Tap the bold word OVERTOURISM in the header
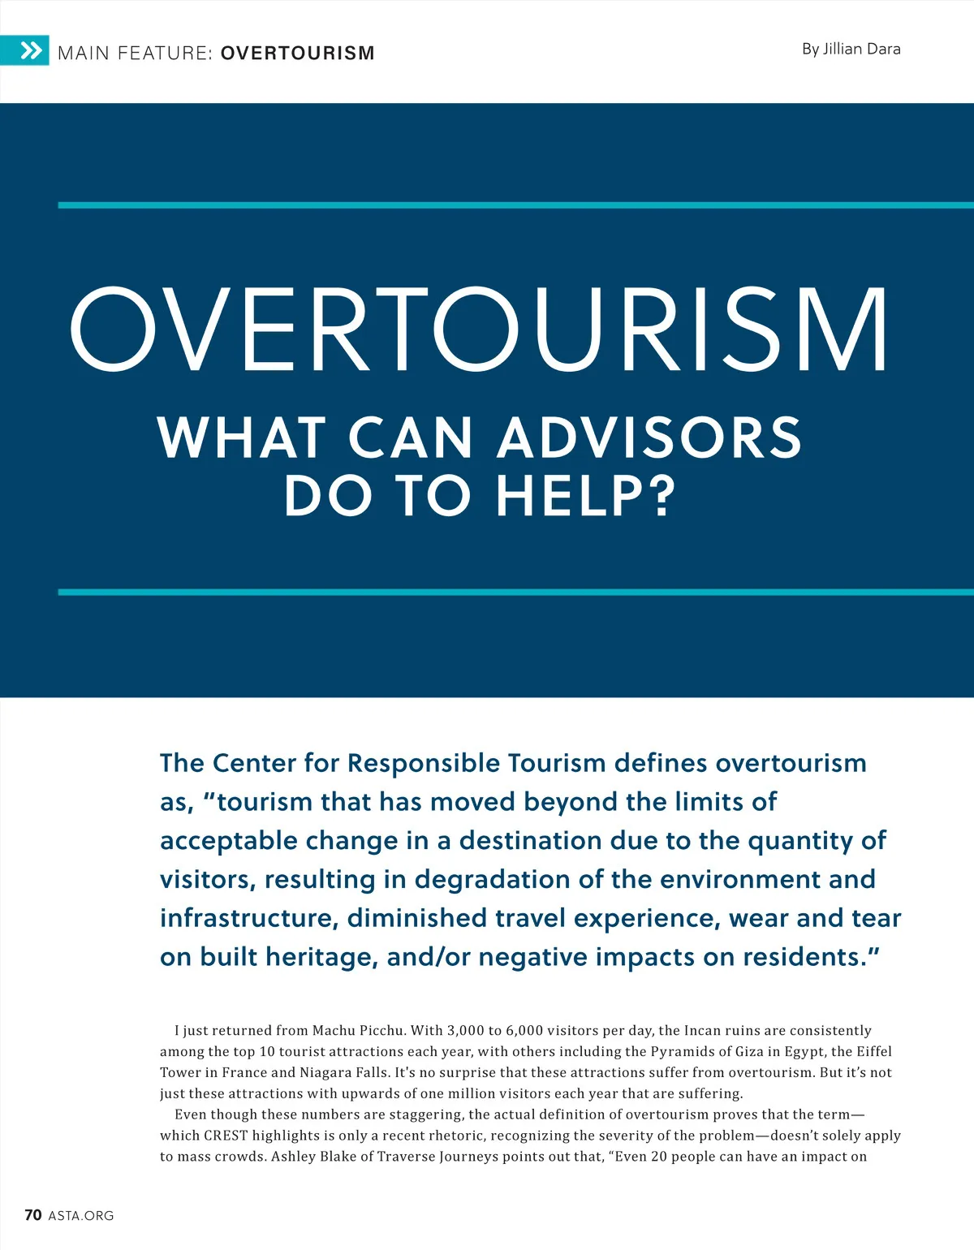297,54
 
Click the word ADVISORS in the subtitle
649,437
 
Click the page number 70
33,1215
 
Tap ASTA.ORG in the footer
81,1216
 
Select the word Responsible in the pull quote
424,763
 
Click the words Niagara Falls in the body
344,1072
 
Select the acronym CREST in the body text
226,1136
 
